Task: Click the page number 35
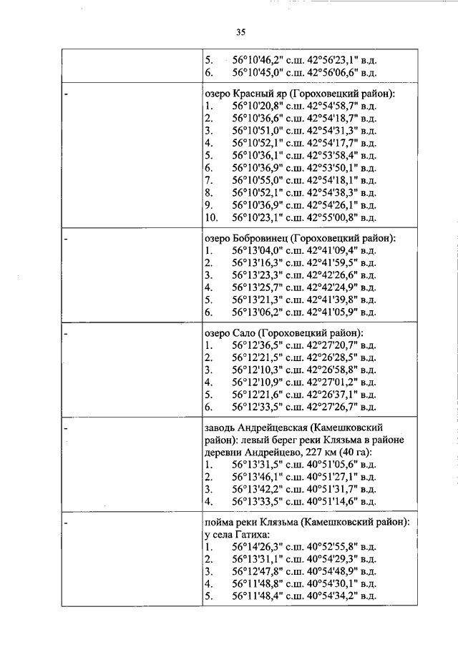click(240, 32)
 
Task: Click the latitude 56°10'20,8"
click(258, 106)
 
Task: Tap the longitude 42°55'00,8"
click(332, 217)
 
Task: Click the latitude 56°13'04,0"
click(258, 250)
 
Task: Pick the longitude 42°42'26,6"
click(332, 275)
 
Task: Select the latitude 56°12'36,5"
click(258, 345)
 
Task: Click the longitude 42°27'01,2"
click(332, 382)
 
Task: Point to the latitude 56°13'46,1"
click(258, 477)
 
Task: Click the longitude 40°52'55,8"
click(332, 547)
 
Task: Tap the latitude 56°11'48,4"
click(258, 596)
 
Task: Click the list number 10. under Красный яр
click(211, 217)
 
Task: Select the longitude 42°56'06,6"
click(332, 73)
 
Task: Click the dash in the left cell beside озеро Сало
click(66, 333)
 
